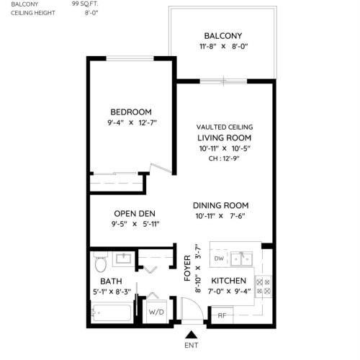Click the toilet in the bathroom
coord(100,258)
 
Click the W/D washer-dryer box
coord(156,312)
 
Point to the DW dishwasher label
coord(219,258)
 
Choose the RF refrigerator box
coord(222,314)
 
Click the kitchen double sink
coord(247,258)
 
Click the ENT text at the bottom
coord(190,346)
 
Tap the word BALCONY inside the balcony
coord(222,36)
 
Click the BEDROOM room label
coord(130,112)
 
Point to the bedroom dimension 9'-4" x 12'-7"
coord(130,123)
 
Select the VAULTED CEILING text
coord(224,127)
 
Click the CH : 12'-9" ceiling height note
coord(224,158)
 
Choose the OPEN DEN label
coord(135,213)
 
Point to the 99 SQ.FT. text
coord(86,4)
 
